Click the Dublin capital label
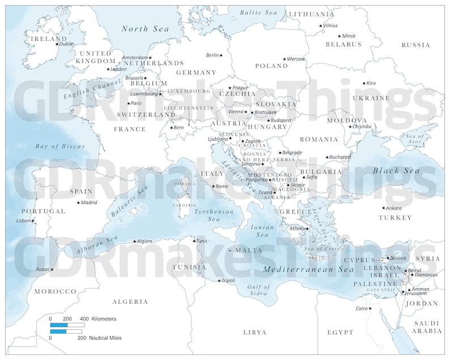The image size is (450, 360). tap(66, 44)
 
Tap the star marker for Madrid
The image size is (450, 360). tap(78, 202)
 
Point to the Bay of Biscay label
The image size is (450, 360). tap(60, 146)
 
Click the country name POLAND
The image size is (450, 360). tap(271, 66)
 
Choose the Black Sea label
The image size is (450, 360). tap(396, 170)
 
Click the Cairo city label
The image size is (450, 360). tap(362, 308)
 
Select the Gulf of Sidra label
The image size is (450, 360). tap(259, 290)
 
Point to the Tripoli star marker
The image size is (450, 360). tap(219, 281)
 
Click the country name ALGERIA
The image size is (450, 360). tap(130, 302)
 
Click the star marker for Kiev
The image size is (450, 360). tap(364, 83)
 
